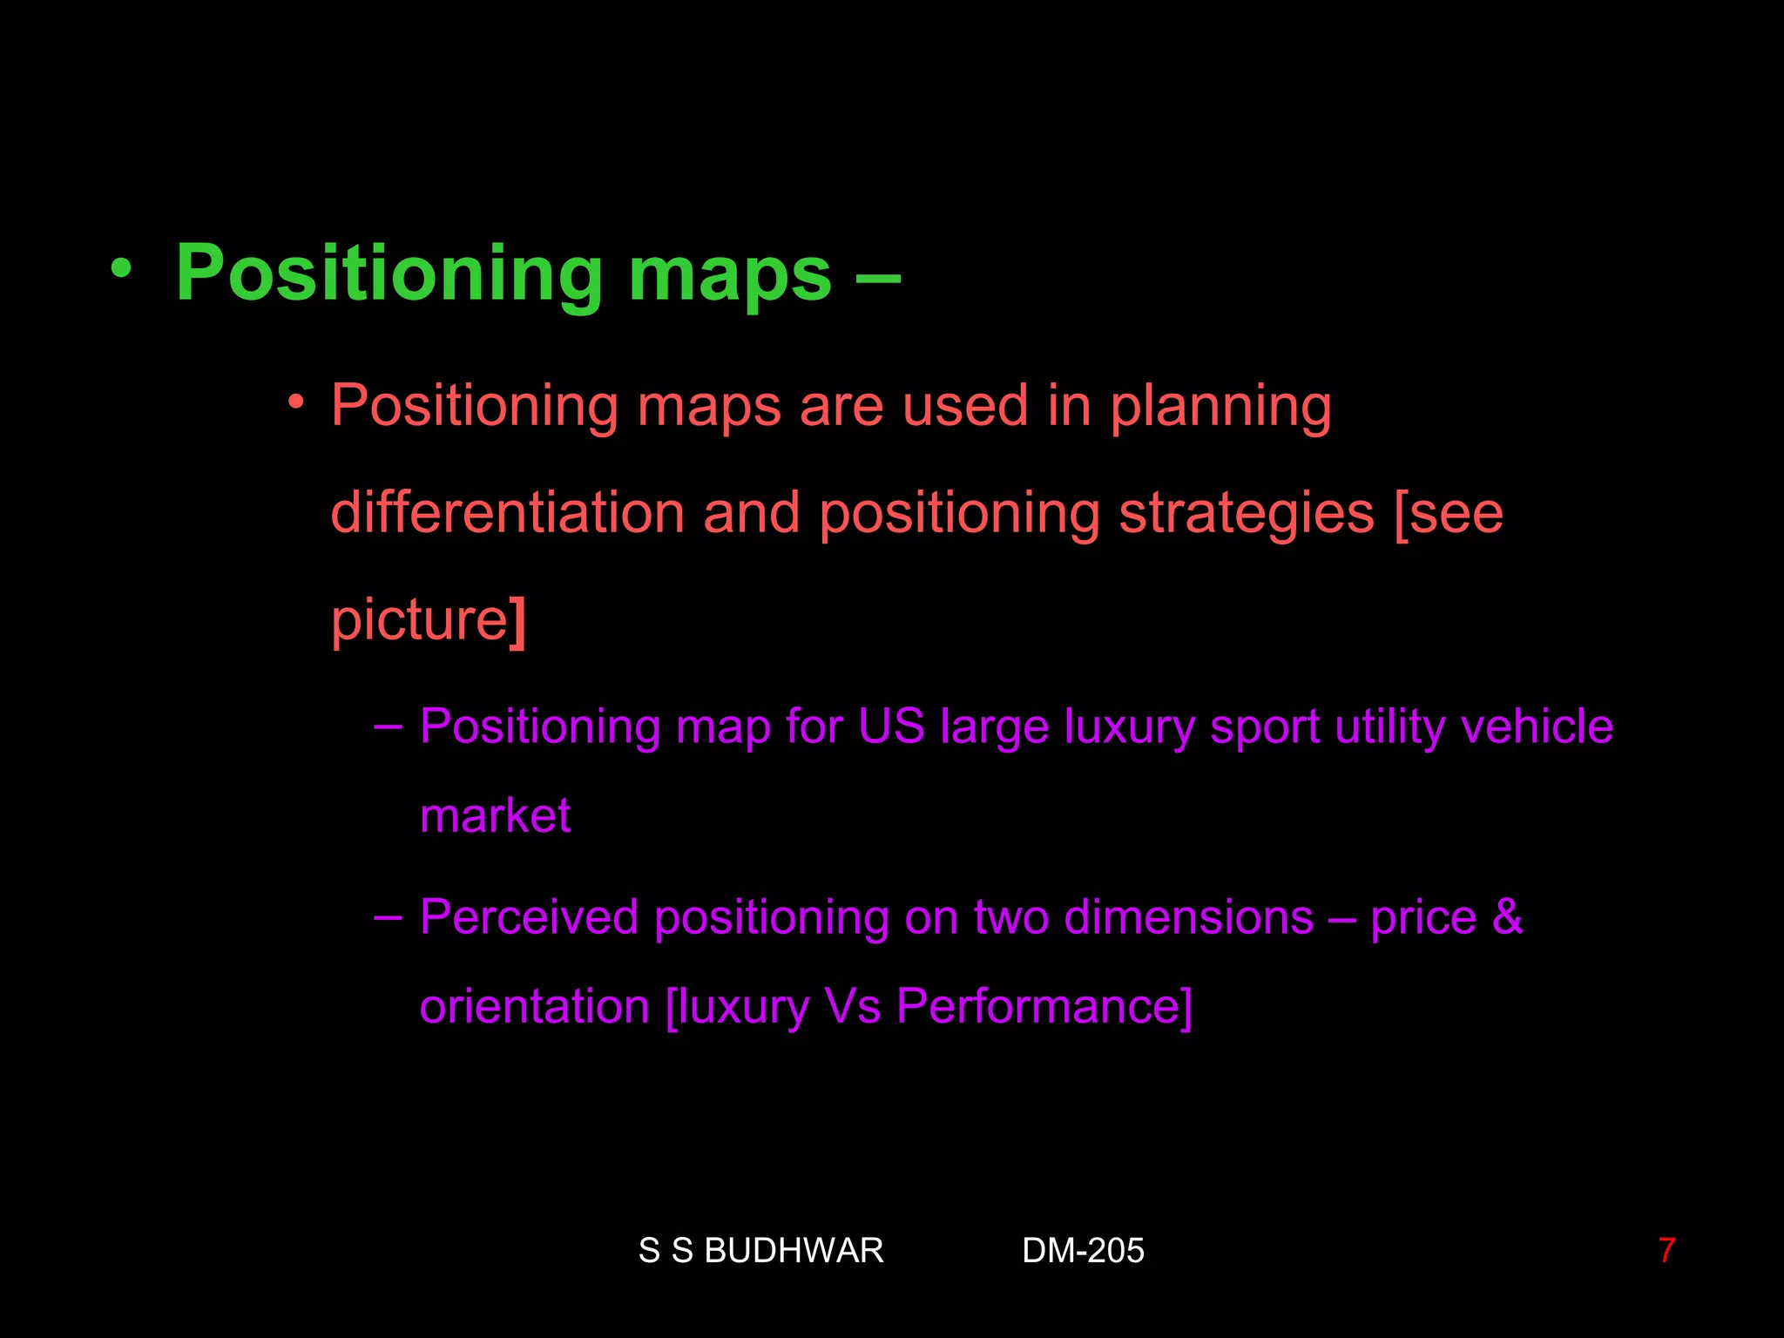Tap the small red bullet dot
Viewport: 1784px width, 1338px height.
tap(297, 402)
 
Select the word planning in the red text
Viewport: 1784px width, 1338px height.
tap(1220, 408)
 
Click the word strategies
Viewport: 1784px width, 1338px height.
tap(1247, 514)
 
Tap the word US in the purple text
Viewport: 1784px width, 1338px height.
tap(890, 726)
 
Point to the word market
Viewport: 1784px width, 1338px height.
tap(495, 816)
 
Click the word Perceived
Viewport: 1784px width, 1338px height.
tap(529, 917)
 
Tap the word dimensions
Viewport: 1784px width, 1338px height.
tap(1188, 917)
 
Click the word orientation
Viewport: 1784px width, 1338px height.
tap(534, 1007)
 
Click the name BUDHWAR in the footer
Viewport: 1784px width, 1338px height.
tap(794, 1251)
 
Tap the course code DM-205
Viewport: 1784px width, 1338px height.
tap(1083, 1251)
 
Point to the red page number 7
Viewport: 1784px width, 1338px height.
tap(1666, 1251)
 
